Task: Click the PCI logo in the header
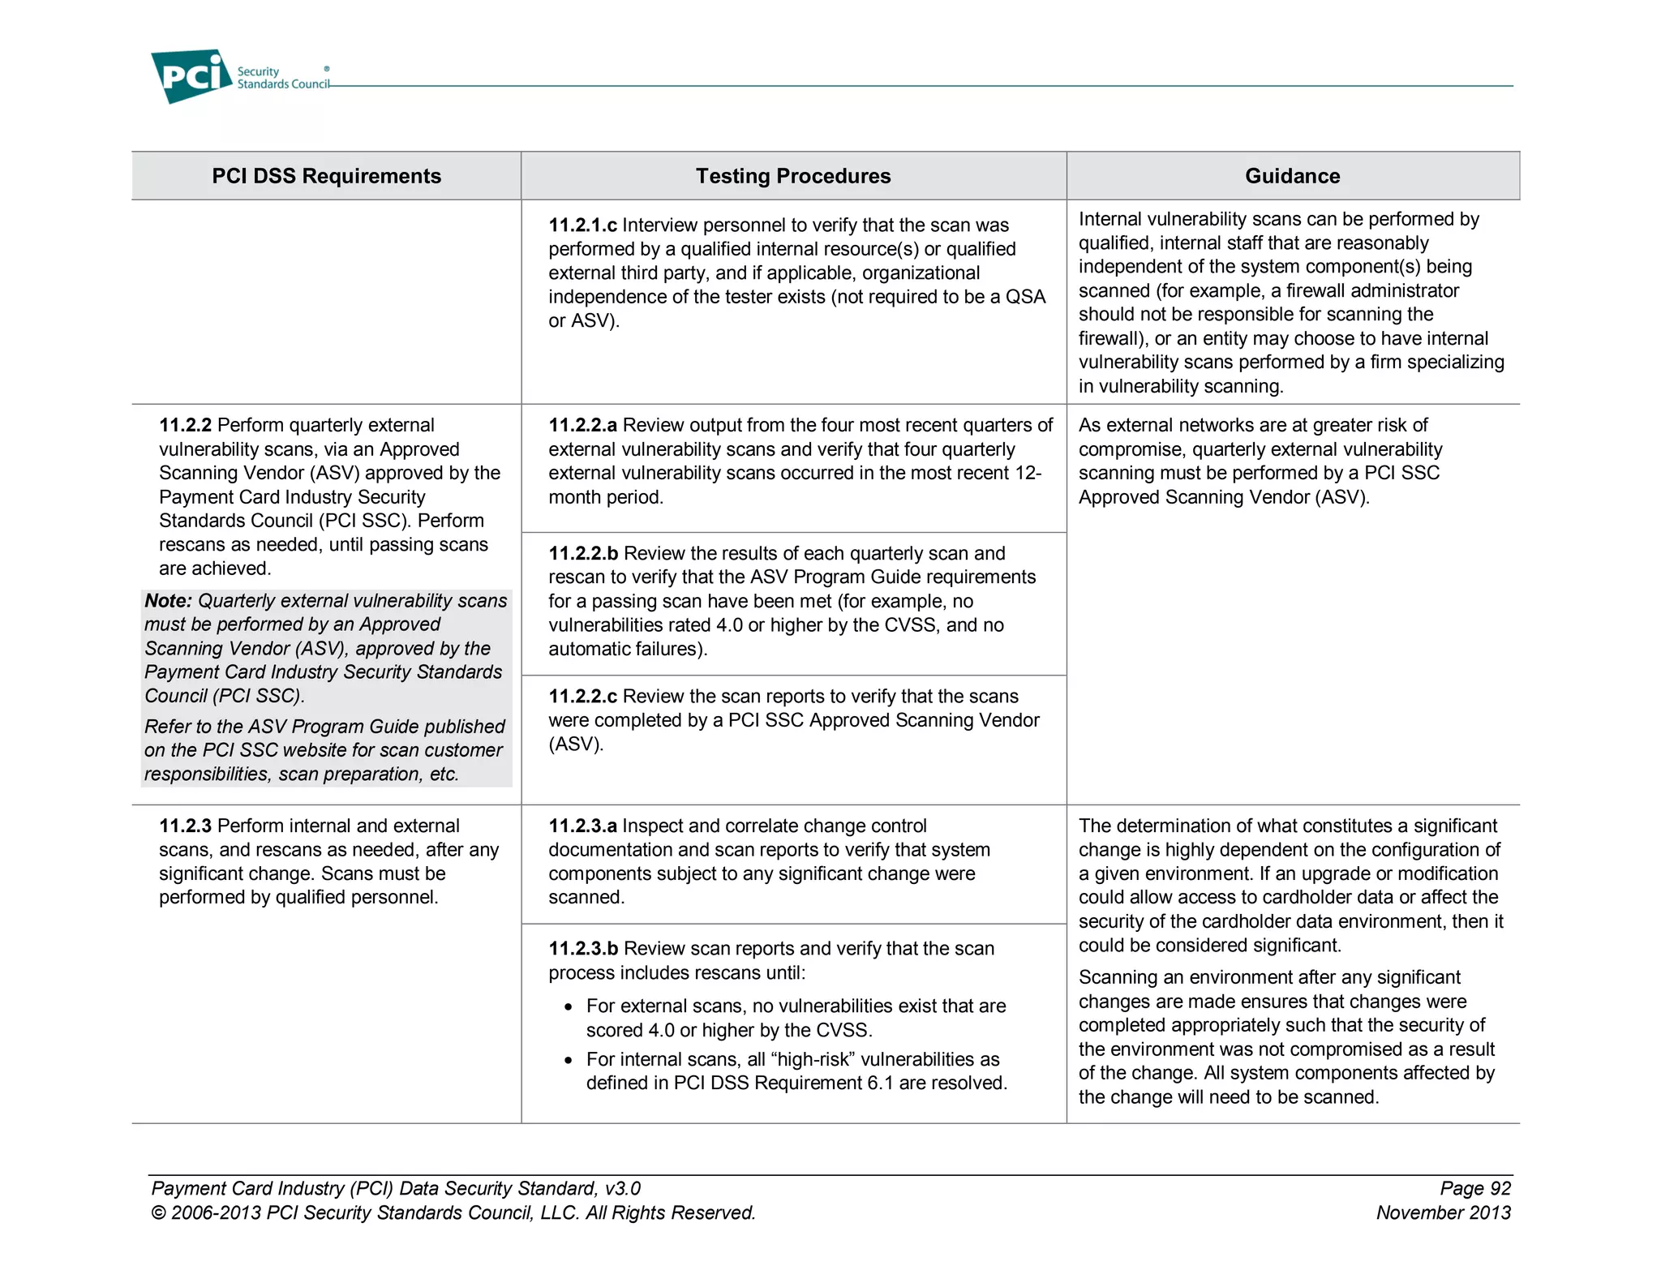click(191, 75)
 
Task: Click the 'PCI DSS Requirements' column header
click(326, 176)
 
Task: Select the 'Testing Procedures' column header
click(792, 176)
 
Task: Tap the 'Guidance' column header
click(1292, 176)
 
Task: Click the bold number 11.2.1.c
click(582, 225)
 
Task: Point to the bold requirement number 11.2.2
click(185, 426)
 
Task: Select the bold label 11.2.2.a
click(582, 426)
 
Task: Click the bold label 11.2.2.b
click(583, 554)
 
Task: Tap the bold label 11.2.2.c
click(582, 697)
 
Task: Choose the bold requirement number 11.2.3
click(185, 826)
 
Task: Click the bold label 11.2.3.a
click(582, 826)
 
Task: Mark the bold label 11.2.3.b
click(583, 949)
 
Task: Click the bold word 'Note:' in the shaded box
click(168, 601)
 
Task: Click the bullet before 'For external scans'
click(569, 1007)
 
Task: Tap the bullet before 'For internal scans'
click(569, 1061)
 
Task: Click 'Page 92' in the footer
click(1474, 1189)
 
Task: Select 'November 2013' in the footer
click(1443, 1213)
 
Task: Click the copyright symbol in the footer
click(158, 1213)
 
